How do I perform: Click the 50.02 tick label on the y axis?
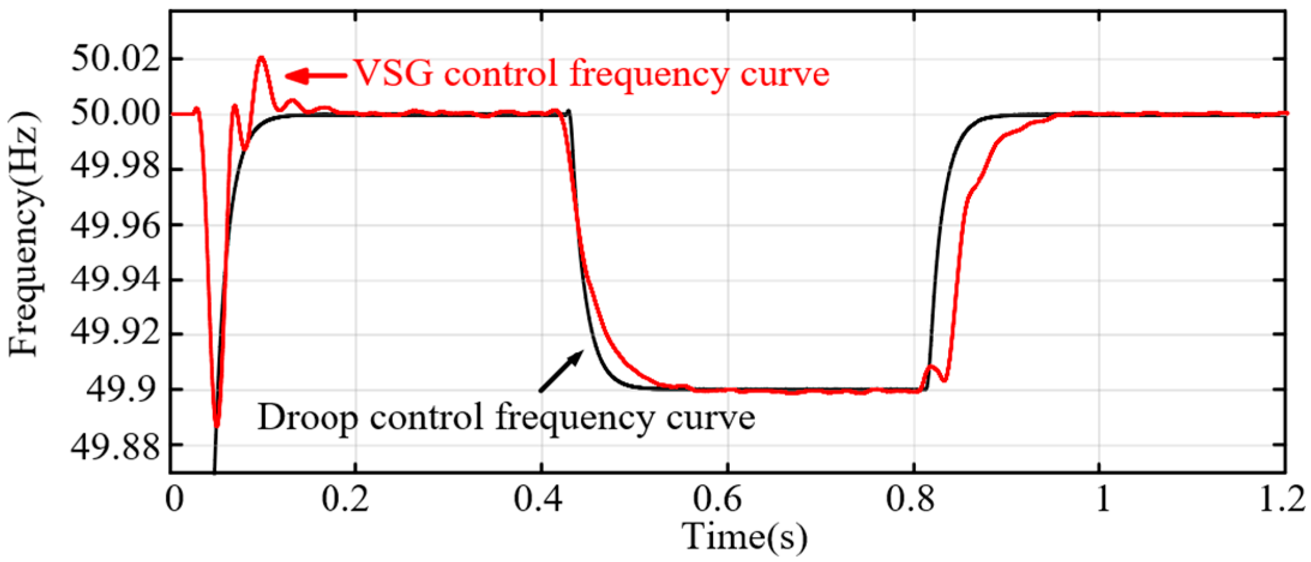116,59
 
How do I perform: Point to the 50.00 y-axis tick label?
116,113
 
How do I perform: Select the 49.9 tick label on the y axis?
124,390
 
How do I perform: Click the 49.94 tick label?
116,280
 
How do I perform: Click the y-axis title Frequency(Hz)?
25,234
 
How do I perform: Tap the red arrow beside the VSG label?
315,76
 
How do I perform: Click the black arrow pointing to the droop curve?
561,371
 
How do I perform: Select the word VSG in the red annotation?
393,74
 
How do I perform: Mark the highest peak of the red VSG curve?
261,58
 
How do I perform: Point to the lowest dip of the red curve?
217,425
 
